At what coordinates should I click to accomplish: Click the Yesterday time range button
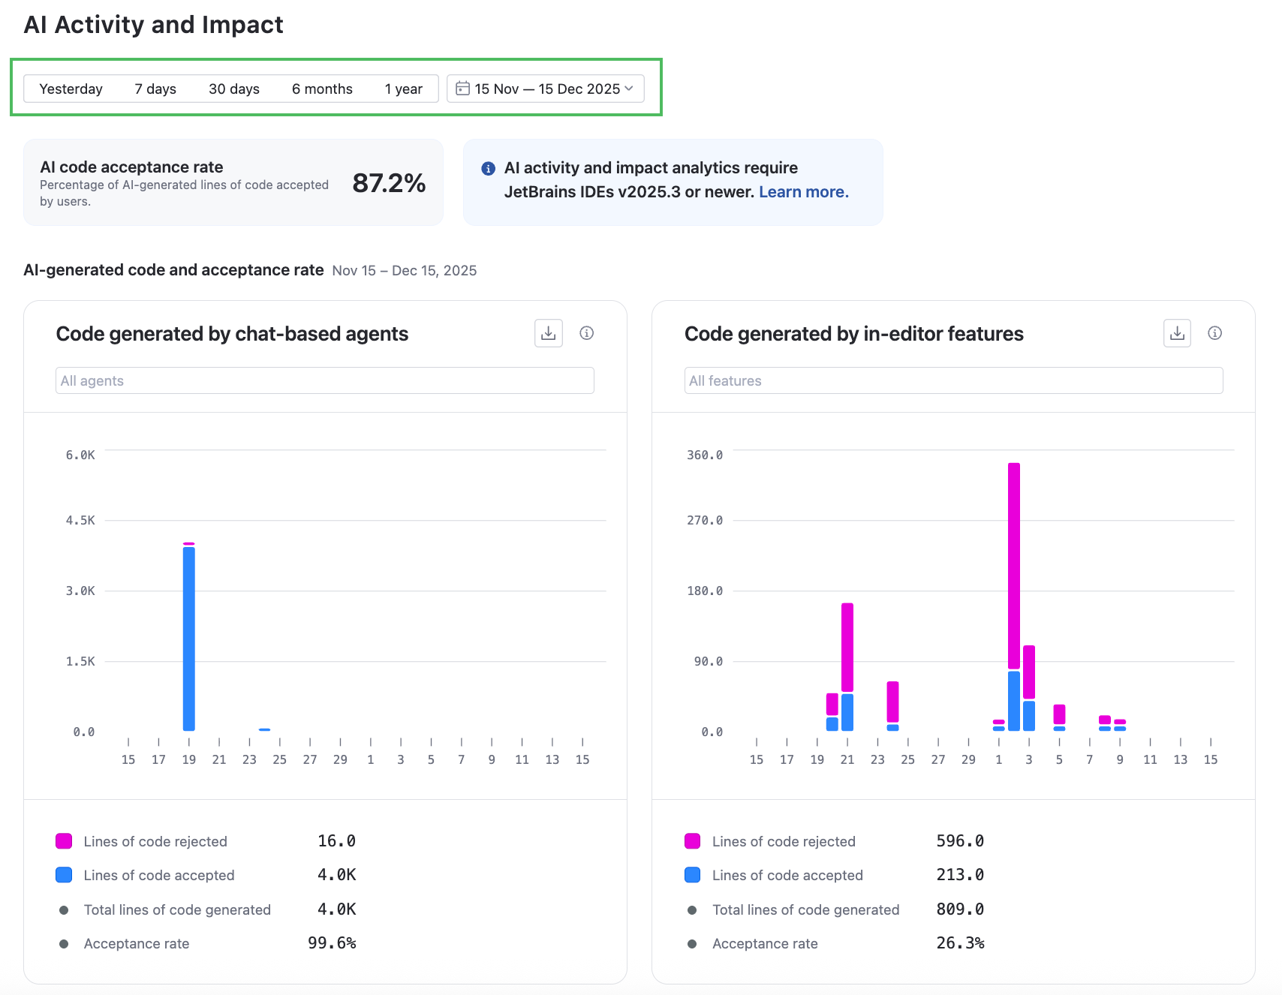[71, 89]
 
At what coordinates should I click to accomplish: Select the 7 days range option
[155, 89]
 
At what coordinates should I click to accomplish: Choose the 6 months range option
[322, 89]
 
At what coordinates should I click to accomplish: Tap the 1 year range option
[403, 89]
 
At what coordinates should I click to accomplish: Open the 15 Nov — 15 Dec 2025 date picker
[546, 89]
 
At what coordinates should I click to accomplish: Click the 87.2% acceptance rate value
[389, 182]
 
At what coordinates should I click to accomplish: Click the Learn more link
[803, 192]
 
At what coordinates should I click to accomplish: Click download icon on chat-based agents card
[549, 333]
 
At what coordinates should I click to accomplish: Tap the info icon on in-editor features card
[1214, 333]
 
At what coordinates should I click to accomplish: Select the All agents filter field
[324, 380]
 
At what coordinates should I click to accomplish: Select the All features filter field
[953, 380]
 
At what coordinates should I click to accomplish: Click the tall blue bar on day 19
[189, 638]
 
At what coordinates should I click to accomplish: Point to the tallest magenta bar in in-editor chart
[1014, 563]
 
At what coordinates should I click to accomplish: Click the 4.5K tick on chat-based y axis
[80, 520]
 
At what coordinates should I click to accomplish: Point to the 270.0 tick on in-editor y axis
[705, 520]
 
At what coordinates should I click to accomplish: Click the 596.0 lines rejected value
[960, 841]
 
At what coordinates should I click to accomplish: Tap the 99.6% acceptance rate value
[332, 943]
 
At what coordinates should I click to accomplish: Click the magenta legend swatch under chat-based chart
[64, 841]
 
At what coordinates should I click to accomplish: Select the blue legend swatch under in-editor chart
[692, 875]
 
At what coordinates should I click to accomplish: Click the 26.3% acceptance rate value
[960, 943]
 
